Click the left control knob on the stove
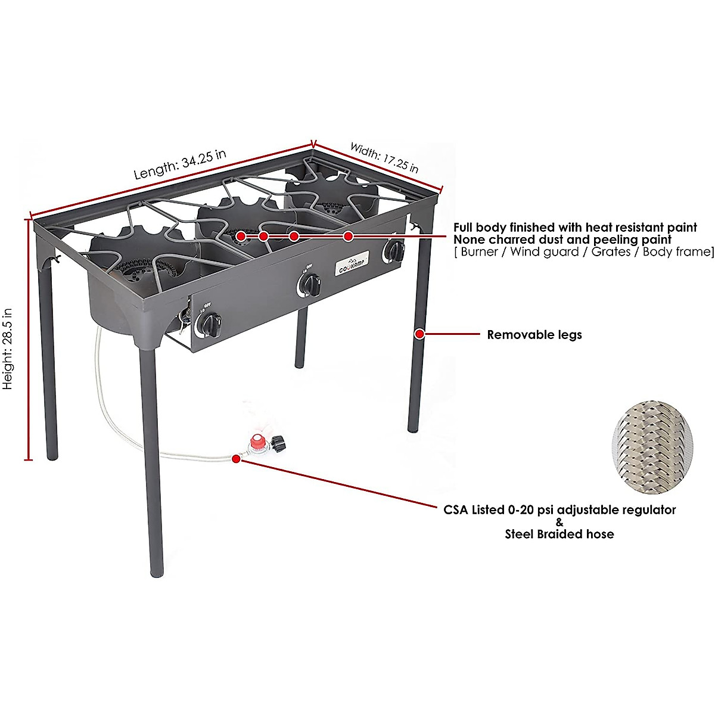click(210, 324)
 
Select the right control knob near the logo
click(393, 251)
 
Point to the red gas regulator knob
click(258, 443)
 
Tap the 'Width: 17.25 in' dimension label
click(384, 157)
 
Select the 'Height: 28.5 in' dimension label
click(8, 349)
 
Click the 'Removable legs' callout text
click(534, 335)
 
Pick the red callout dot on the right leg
click(420, 334)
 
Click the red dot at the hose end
click(237, 459)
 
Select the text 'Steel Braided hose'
click(559, 534)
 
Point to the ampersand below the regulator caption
click(559, 523)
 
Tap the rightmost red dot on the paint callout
click(349, 237)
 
